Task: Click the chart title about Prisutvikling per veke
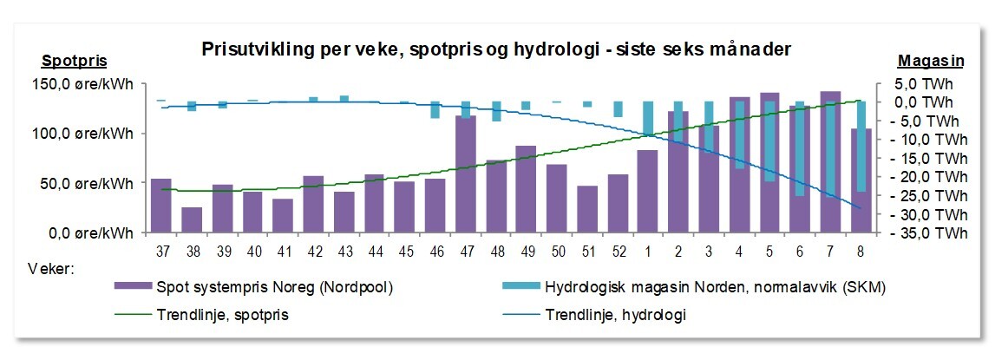coord(496,49)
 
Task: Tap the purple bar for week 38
coord(192,219)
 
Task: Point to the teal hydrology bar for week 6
coord(800,148)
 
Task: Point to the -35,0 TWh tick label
coord(933,233)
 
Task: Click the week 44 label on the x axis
coord(374,251)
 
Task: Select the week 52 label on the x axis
coord(618,251)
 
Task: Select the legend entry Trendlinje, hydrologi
coord(616,315)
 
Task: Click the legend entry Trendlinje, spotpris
coord(222,315)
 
